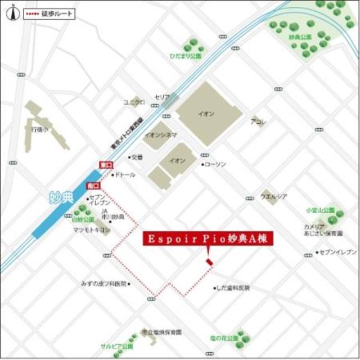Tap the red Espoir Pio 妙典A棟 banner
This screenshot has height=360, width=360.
[x=207, y=238]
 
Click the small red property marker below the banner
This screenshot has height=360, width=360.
[x=209, y=262]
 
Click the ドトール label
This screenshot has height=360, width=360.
[x=126, y=175]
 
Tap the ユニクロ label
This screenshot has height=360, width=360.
[x=134, y=102]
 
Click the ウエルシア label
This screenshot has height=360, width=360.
[x=274, y=196]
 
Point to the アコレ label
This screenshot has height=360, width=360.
[x=259, y=121]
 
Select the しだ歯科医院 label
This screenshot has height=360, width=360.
[x=234, y=288]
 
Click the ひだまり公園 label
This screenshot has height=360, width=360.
[x=186, y=57]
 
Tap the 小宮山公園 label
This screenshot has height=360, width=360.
[x=320, y=210]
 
